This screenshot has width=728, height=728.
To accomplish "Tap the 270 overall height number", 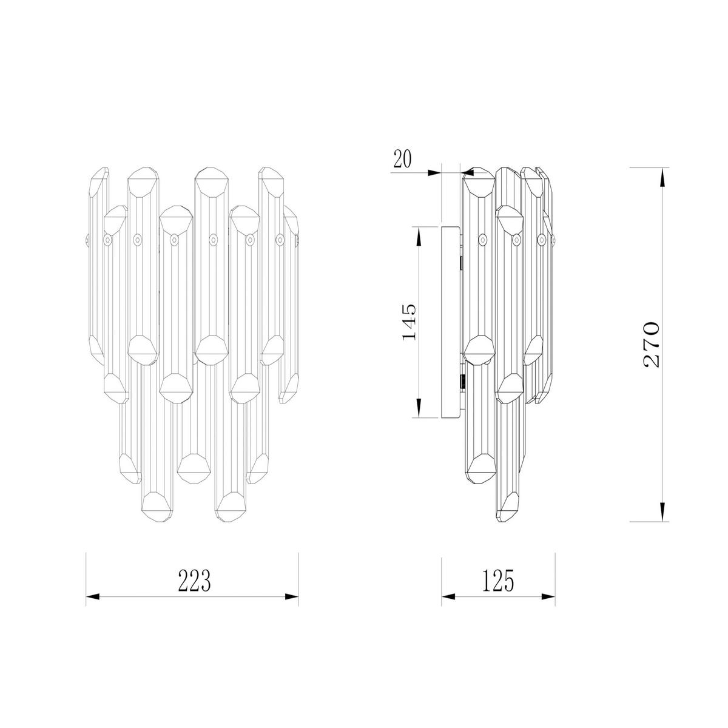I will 650,345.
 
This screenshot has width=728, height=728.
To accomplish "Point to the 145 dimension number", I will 409,321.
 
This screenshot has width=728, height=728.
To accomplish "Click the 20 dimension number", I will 403,159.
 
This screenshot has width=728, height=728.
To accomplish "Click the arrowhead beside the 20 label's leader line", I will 434,173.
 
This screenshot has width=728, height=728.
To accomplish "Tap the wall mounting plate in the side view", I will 450,322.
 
